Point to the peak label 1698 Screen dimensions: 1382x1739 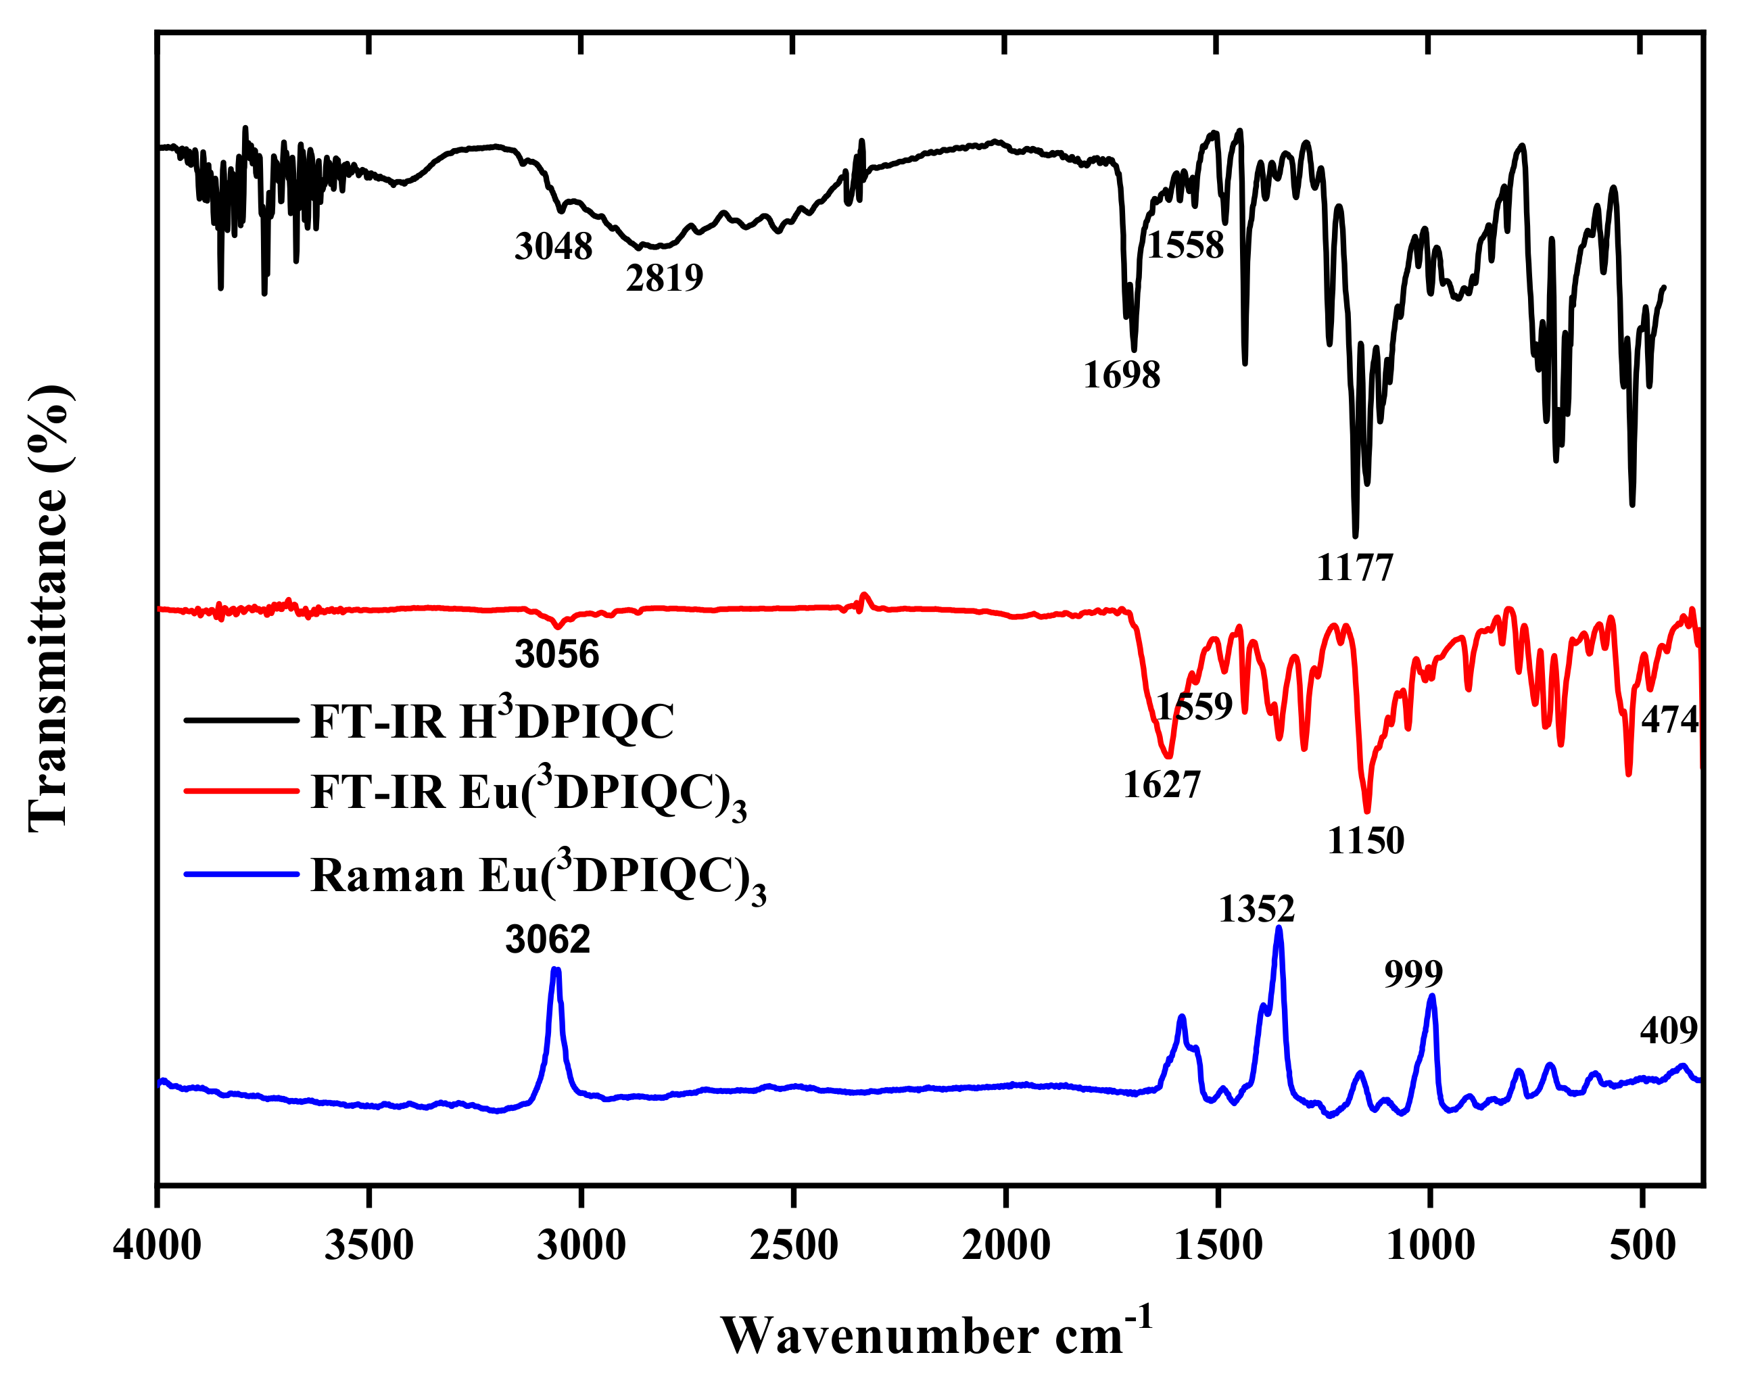(x=1121, y=376)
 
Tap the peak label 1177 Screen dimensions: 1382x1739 (x=1354, y=569)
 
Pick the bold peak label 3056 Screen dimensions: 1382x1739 (x=556, y=654)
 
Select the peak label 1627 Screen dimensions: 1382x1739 (x=1162, y=785)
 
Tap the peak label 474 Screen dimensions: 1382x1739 (x=1669, y=719)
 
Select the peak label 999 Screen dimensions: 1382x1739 (x=1413, y=974)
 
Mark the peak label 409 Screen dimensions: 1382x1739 (x=1668, y=1031)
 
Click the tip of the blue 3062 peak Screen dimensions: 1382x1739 (x=555, y=970)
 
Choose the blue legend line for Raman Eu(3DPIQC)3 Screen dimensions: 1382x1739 (x=241, y=874)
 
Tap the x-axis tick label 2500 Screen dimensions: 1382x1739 (x=793, y=1245)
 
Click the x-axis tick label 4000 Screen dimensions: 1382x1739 (x=158, y=1245)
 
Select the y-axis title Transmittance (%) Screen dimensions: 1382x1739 (x=50, y=609)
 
